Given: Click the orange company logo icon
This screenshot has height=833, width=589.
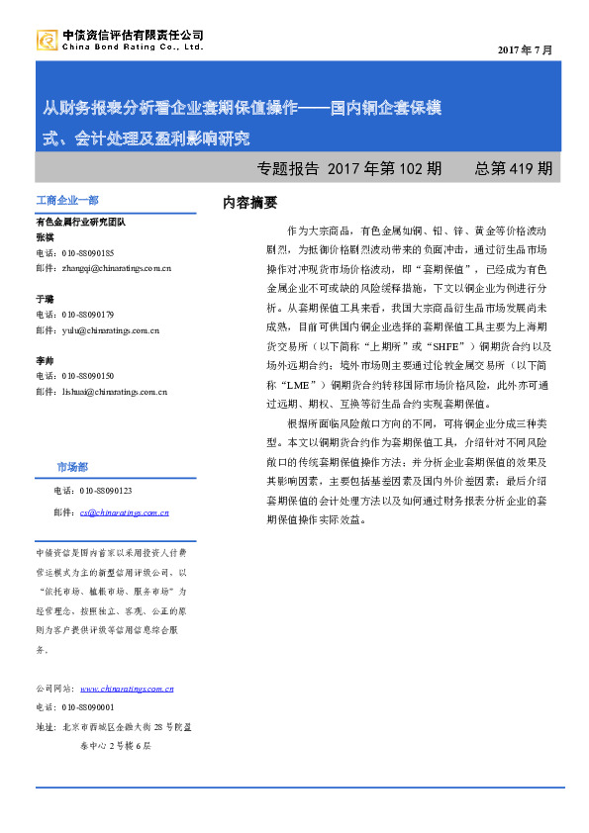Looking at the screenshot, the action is tap(47, 41).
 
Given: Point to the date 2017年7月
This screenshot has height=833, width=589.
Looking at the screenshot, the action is tap(525, 49).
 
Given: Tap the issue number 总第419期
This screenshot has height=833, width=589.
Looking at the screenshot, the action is tap(513, 168).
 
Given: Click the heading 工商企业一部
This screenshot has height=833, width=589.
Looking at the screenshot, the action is tap(67, 201).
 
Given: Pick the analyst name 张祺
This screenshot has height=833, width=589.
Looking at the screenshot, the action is tap(46, 237).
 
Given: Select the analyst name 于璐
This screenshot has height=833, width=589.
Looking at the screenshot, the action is tap(46, 298).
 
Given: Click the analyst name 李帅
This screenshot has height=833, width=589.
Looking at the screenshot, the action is tap(46, 361).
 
